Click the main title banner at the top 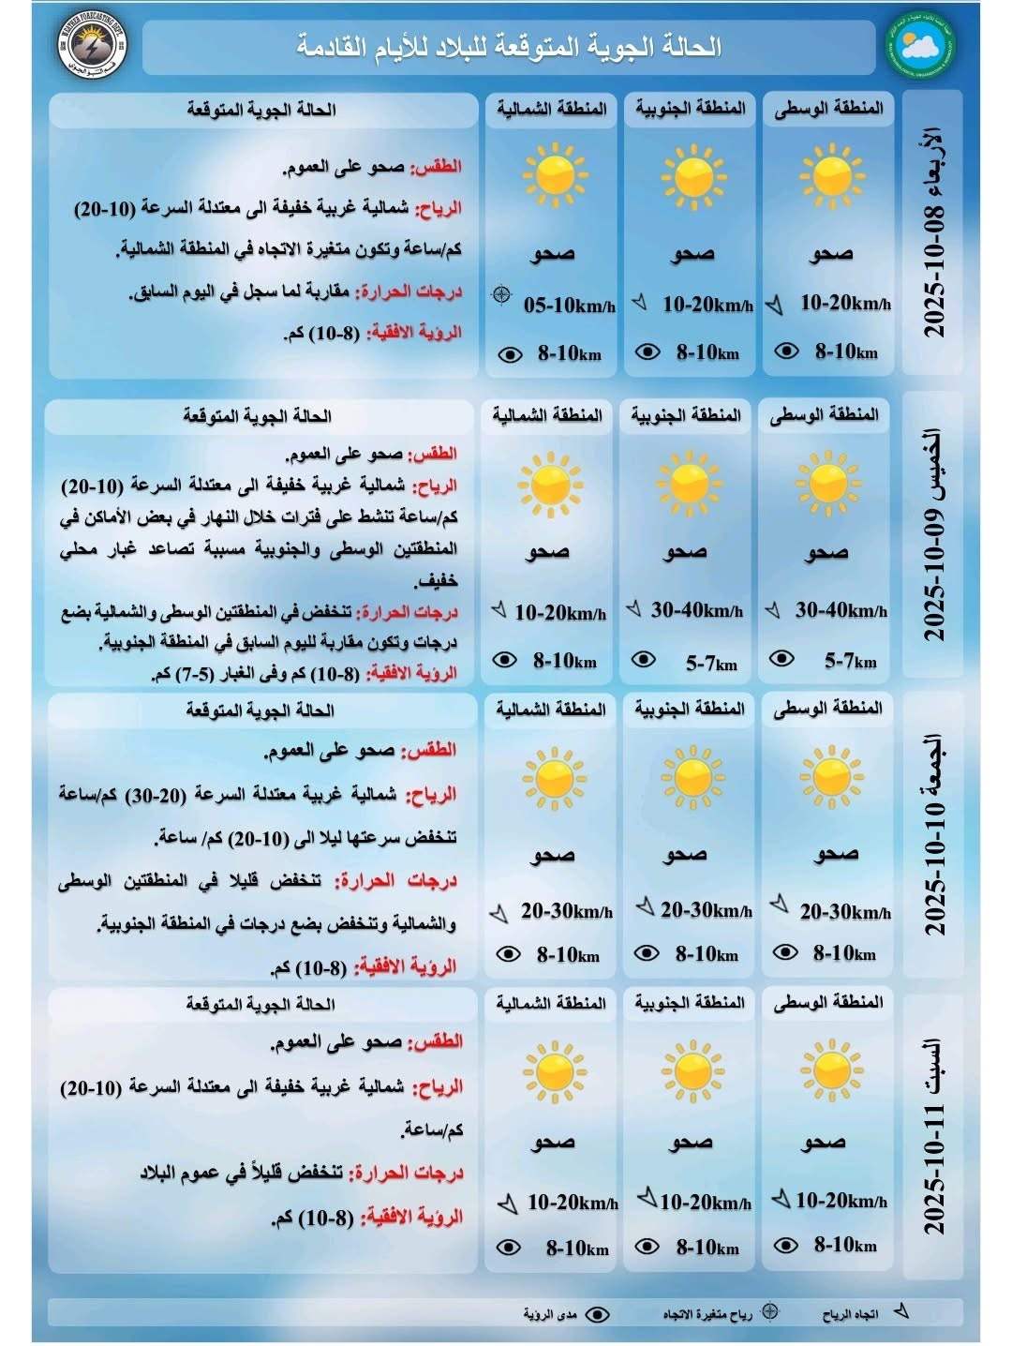(x=511, y=47)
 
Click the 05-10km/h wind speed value (x=569, y=305)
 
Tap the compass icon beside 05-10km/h (x=502, y=295)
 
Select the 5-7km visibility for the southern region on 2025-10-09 (x=711, y=664)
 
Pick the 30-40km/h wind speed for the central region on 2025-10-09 (x=841, y=611)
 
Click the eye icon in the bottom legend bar (x=597, y=1315)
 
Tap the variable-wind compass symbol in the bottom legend (x=769, y=1311)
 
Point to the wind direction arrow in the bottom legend (x=901, y=1311)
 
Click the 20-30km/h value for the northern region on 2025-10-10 (x=566, y=911)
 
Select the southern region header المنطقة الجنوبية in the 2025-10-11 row (x=690, y=1003)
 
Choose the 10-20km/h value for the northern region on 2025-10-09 (x=560, y=613)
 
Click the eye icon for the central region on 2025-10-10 (x=784, y=953)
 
